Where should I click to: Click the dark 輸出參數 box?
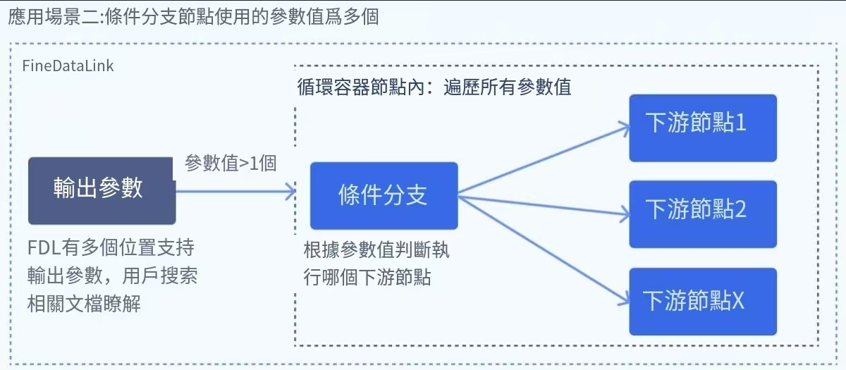101,190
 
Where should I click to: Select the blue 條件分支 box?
384,195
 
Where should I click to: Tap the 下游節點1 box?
702,128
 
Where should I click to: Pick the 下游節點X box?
702,301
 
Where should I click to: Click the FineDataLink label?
68,66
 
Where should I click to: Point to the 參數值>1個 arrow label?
231,164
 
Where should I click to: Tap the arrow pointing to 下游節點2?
543,205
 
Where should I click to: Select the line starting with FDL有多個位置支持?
111,249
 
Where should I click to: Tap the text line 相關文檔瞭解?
84,304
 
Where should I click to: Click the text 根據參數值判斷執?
376,250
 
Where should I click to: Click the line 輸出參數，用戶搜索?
112,276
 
